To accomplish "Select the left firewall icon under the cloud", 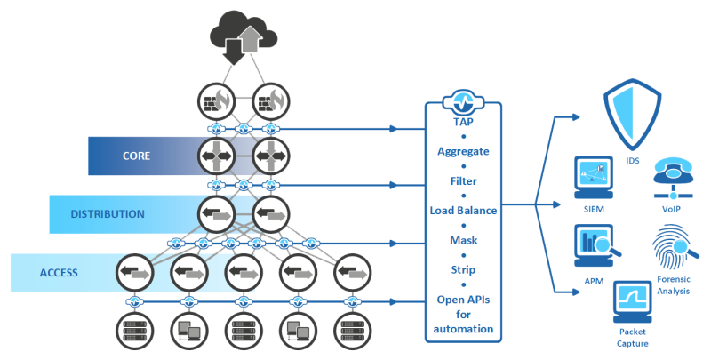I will click(216, 100).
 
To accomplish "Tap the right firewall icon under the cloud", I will click(270, 100).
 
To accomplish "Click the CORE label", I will click(136, 156).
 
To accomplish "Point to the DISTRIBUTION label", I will click(108, 213).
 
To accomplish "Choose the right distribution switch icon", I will click(270, 214).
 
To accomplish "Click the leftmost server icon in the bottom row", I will click(134, 332).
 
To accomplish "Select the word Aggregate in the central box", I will click(463, 151).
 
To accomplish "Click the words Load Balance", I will click(463, 211).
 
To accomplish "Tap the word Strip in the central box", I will click(463, 269).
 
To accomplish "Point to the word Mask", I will click(463, 240).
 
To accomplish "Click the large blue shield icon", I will click(632, 116).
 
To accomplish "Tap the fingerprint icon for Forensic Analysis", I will click(673, 246).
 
